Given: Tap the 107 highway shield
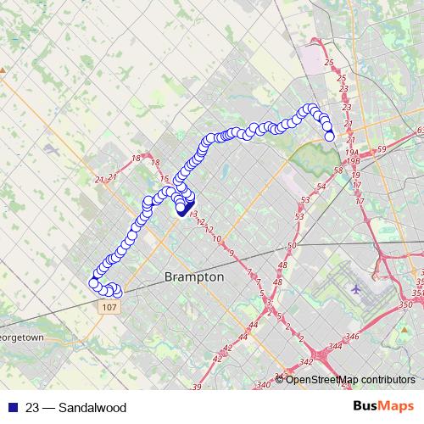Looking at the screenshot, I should coord(108,306).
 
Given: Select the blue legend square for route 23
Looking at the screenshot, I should coord(10,408).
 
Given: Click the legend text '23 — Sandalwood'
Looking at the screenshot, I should coord(75,408).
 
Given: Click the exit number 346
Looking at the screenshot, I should coord(353,338).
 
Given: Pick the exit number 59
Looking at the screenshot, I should coord(382,150).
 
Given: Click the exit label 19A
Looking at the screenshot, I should coord(351,150).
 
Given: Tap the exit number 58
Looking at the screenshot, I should coord(338,170).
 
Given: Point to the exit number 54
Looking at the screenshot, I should coord(320,187).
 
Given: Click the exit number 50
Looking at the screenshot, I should coord(292,245).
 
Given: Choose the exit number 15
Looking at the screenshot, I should coord(165,179).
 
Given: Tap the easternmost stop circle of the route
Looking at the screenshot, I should coord(329,136).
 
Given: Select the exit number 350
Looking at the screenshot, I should coord(404,304).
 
